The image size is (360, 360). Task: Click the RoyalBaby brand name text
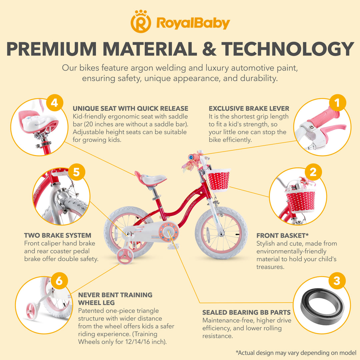click(193, 23)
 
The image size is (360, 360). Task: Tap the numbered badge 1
click(337, 103)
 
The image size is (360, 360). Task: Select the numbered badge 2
click(313, 172)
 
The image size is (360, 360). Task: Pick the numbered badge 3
click(337, 281)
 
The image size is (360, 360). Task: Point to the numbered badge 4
click(54, 103)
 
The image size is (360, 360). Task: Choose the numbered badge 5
click(76, 172)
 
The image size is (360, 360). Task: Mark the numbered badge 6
click(59, 281)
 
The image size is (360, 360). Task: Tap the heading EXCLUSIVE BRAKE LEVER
click(249, 108)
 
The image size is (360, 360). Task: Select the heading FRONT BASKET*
click(282, 235)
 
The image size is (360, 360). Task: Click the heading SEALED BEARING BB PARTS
click(246, 312)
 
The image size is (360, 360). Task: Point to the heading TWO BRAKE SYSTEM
click(58, 235)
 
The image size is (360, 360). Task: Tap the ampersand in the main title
click(209, 49)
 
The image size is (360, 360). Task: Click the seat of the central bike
click(150, 178)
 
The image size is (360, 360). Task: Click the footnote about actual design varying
click(296, 353)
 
